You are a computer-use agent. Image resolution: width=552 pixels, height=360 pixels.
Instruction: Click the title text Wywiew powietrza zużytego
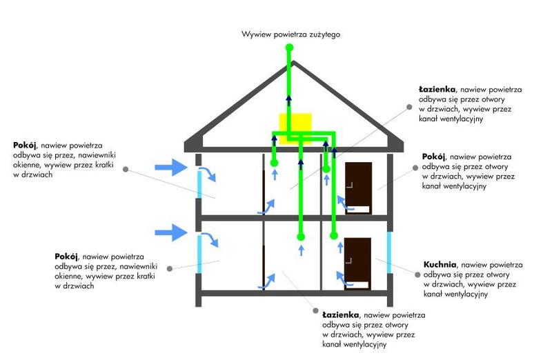(290, 33)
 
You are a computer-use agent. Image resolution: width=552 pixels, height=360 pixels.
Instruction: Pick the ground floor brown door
(358, 261)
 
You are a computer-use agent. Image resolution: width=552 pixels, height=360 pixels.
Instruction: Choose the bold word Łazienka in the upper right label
(438, 90)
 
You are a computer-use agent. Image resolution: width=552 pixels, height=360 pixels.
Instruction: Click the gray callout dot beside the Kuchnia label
(415, 273)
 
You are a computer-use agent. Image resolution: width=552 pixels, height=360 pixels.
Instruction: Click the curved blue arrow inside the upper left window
(209, 173)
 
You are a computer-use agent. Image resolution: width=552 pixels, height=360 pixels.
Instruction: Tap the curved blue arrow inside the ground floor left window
(209, 241)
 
